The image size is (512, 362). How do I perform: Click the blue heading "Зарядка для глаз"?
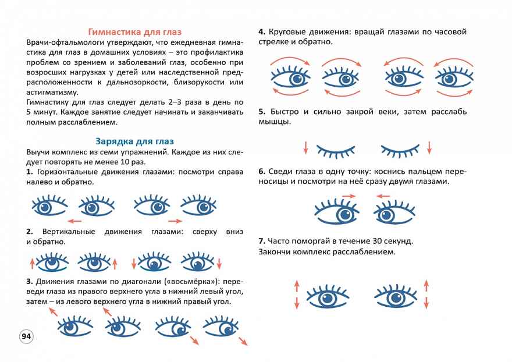pyautogui.click(x=133, y=141)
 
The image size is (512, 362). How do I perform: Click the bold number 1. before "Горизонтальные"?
pyautogui.click(x=30, y=172)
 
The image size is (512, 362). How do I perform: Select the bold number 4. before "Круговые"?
pyautogui.click(x=262, y=32)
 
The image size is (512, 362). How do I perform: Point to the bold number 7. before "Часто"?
pyautogui.click(x=262, y=241)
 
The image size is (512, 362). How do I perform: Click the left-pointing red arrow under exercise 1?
pyautogui.click(x=74, y=221)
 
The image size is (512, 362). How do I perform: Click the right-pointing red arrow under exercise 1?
pyautogui.click(x=175, y=221)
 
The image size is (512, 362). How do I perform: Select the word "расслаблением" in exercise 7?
pyautogui.click(x=366, y=253)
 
